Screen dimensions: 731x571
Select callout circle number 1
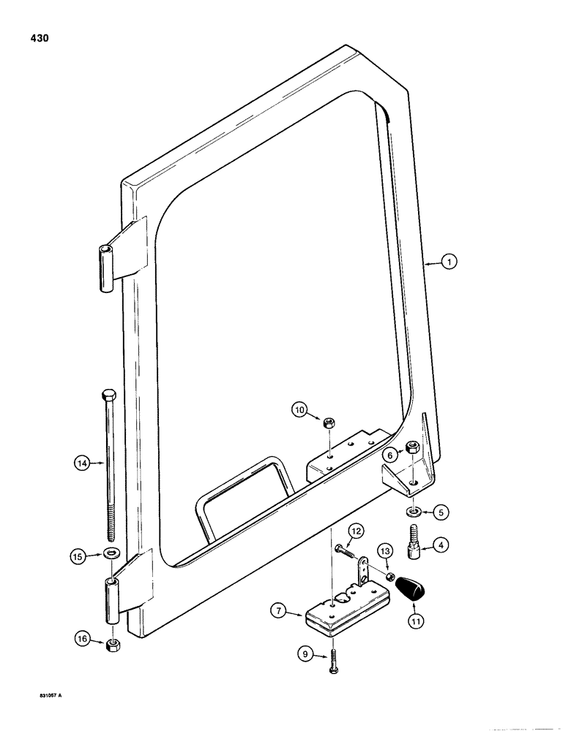[x=450, y=261]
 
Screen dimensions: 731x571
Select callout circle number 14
[x=81, y=461]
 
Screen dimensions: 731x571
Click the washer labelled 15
[x=110, y=551]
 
